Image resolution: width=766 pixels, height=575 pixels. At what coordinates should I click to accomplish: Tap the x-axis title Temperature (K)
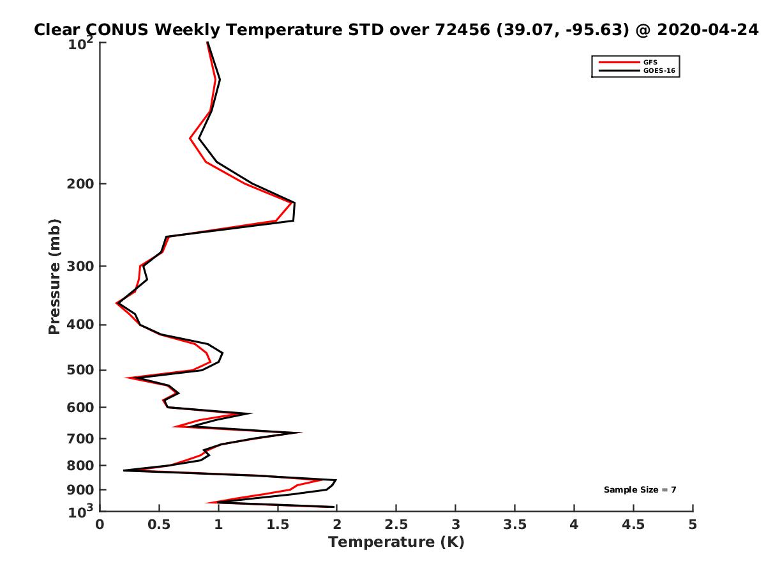coord(396,542)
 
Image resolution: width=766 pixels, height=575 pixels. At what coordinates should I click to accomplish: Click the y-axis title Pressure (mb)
coord(54,277)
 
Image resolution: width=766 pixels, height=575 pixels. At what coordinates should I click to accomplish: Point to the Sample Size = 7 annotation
coord(640,490)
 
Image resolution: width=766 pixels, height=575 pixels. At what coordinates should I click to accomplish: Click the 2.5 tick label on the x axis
coord(396,525)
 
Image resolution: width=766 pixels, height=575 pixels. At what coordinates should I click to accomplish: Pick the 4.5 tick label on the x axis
coord(633,525)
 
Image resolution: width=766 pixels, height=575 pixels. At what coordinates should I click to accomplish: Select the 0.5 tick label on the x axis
coord(159,525)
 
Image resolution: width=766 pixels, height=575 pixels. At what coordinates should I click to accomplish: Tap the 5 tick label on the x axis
coord(693,525)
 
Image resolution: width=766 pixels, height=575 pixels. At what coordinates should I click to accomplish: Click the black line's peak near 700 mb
coord(301,433)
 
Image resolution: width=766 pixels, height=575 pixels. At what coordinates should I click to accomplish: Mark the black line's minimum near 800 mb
coord(124,471)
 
